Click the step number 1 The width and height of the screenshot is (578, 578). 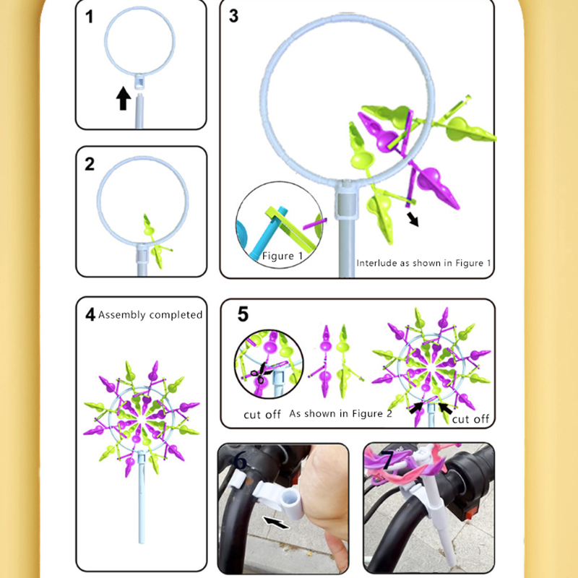(89, 17)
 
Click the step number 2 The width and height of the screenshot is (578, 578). (90, 164)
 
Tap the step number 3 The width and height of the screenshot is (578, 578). (233, 16)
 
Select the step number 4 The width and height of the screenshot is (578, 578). (90, 315)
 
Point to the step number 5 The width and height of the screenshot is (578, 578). (243, 314)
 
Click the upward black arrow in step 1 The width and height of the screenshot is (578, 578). (124, 98)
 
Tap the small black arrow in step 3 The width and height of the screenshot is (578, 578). (413, 219)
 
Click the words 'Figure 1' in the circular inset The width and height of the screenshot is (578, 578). (282, 256)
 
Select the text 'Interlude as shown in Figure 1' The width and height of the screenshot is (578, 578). (423, 263)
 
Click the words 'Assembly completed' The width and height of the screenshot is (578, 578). (150, 315)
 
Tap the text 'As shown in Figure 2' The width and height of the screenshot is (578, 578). (340, 413)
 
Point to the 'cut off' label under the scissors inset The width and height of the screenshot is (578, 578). (262, 415)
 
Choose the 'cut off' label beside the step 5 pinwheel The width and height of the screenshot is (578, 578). (470, 419)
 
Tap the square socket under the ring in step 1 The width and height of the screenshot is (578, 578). (139, 82)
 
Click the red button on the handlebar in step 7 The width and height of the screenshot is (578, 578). (471, 512)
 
